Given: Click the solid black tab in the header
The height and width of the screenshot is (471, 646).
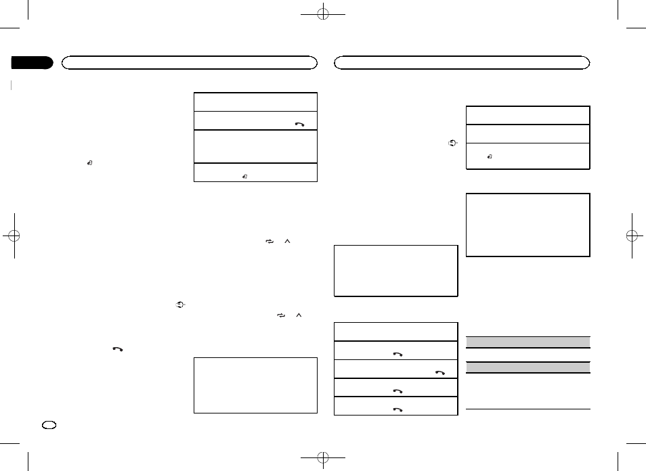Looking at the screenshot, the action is (x=32, y=63).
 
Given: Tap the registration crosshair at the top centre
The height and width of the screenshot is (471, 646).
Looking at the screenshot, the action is (x=324, y=13).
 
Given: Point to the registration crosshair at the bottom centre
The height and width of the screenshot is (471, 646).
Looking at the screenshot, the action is (x=324, y=457).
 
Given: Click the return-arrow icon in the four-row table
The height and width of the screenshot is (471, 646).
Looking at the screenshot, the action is (x=244, y=176).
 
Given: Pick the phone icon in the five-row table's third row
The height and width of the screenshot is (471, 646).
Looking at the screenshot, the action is (x=441, y=372).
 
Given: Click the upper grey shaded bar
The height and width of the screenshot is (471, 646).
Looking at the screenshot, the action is (x=528, y=342).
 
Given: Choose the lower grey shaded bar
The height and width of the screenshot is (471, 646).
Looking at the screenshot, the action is (x=528, y=367).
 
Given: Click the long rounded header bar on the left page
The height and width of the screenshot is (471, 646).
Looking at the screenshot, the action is (x=190, y=63).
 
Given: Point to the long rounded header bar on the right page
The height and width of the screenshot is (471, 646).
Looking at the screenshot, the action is (x=463, y=63).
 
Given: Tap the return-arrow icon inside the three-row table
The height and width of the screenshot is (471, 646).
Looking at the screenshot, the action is (x=490, y=156).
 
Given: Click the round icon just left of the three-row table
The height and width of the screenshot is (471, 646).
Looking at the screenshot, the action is (x=454, y=143).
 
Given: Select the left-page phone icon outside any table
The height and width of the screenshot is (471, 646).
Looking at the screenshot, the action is (x=118, y=349).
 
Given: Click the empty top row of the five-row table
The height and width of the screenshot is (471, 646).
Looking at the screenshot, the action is (x=395, y=332).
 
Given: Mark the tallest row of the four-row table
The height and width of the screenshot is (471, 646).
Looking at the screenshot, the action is (x=255, y=146).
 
